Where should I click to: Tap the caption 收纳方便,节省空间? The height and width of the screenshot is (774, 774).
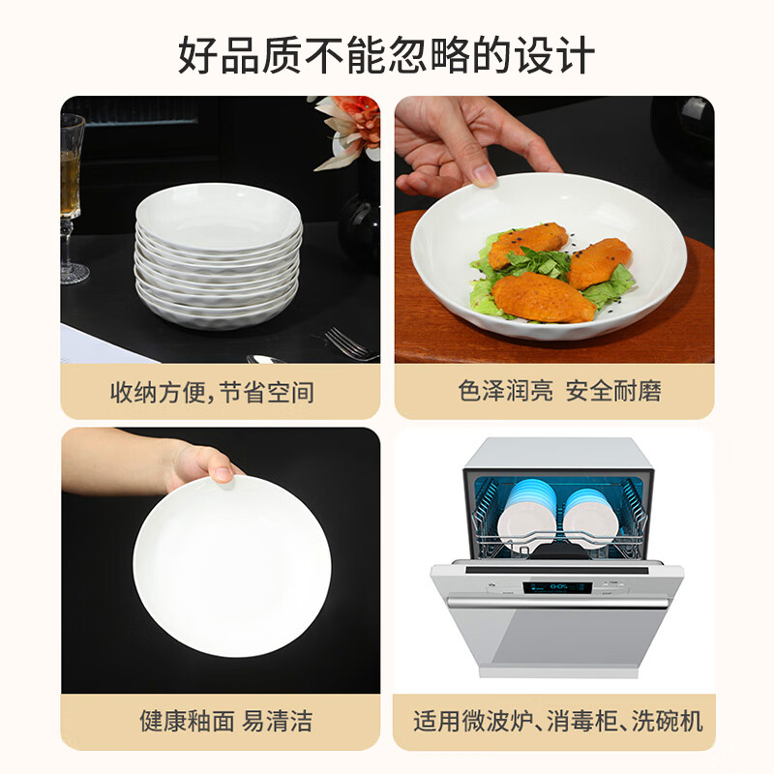pos(212,392)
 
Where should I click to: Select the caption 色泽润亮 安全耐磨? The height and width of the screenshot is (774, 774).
pos(559,392)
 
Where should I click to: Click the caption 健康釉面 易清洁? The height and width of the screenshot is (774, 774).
pos(212,722)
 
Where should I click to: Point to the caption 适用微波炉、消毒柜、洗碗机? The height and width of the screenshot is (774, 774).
pos(558,722)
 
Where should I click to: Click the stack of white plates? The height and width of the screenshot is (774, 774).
pos(218,256)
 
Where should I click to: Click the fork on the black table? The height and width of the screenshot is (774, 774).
pos(348,342)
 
